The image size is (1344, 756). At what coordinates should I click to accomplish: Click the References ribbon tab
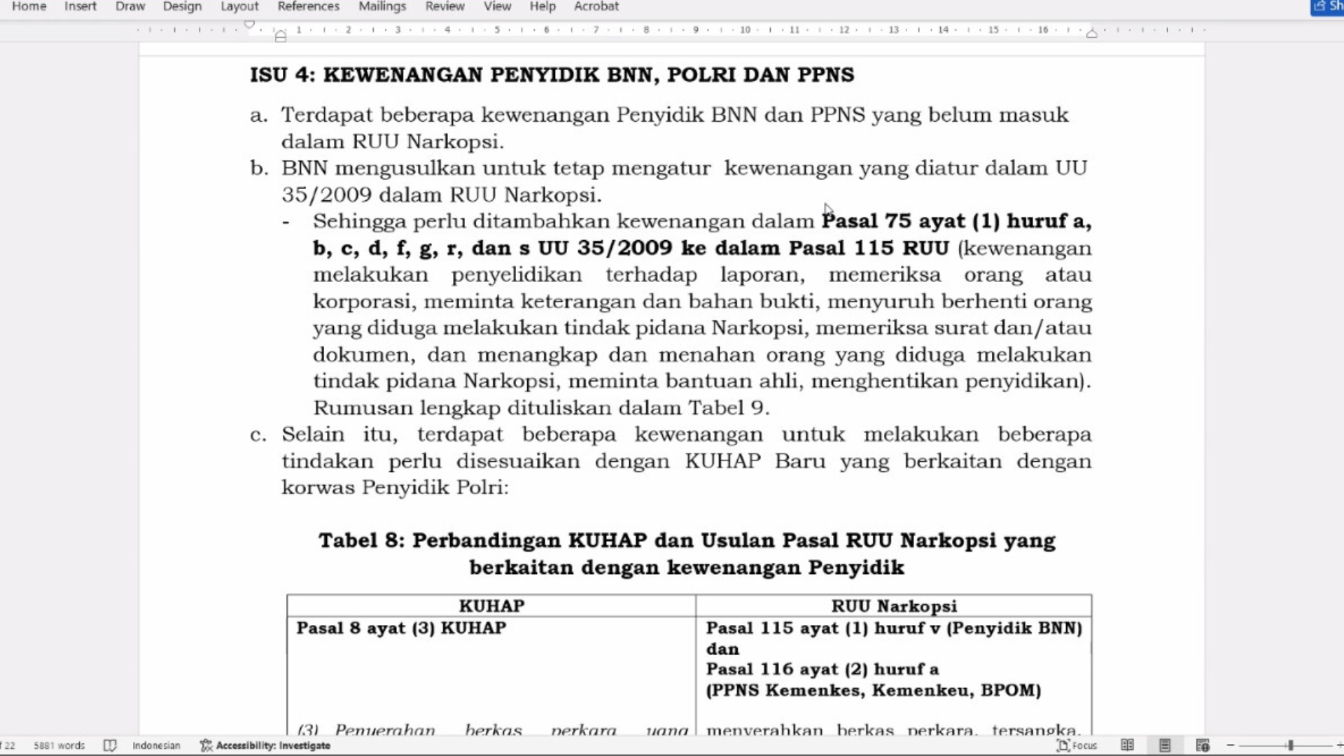[x=308, y=6]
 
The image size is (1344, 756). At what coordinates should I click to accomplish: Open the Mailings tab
[x=382, y=6]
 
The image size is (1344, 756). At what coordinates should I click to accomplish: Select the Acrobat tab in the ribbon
[x=596, y=6]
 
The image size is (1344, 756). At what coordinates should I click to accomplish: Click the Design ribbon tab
[x=182, y=6]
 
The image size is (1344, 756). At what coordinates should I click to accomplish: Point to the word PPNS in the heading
[x=826, y=75]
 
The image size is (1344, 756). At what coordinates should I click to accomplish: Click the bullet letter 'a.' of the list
[x=259, y=115]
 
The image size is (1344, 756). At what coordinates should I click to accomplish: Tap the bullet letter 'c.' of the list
[x=258, y=435]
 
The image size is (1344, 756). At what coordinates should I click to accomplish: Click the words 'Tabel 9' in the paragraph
[x=728, y=407]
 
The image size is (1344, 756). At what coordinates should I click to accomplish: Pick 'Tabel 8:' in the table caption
[x=361, y=540]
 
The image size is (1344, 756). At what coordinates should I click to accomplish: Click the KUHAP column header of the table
[x=491, y=606]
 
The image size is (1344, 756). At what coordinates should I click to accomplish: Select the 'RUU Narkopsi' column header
[x=894, y=606]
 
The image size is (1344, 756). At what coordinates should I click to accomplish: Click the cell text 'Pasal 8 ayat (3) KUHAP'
[x=401, y=628]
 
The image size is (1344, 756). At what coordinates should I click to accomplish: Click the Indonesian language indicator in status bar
[x=156, y=745]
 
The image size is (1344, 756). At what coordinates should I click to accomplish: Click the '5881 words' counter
[x=59, y=745]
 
